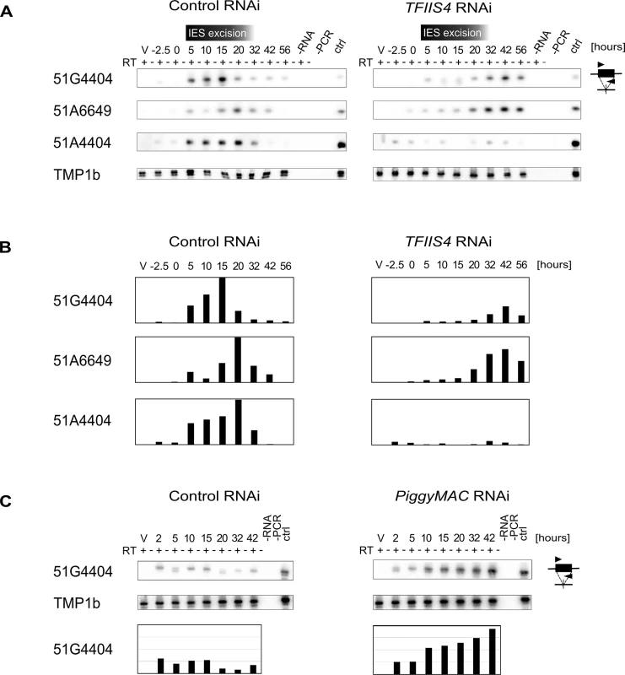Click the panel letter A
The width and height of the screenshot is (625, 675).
(6, 12)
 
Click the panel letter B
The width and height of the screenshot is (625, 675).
(6, 247)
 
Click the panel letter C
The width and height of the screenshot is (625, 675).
(6, 501)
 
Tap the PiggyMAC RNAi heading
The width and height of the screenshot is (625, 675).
(452, 496)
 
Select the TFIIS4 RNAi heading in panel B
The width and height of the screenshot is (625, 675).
(448, 241)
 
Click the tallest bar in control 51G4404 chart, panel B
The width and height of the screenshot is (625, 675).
(222, 300)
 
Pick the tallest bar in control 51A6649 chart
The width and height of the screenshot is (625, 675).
(238, 360)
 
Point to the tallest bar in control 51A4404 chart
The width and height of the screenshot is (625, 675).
(238, 422)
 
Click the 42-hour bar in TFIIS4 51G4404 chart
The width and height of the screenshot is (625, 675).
(506, 315)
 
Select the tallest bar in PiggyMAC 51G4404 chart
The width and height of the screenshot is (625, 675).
(493, 651)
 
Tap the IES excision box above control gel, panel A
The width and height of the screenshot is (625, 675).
(219, 33)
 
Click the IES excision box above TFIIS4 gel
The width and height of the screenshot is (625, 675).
(454, 32)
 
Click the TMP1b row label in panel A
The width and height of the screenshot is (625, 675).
(77, 175)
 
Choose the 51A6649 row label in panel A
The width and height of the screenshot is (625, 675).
(82, 111)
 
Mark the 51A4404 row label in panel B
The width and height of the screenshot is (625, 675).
(82, 420)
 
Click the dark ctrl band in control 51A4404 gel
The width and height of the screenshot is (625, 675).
(341, 145)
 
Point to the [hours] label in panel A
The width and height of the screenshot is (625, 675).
(608, 46)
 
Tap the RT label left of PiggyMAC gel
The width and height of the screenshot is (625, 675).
(366, 551)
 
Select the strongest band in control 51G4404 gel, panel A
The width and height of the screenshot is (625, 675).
(222, 79)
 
